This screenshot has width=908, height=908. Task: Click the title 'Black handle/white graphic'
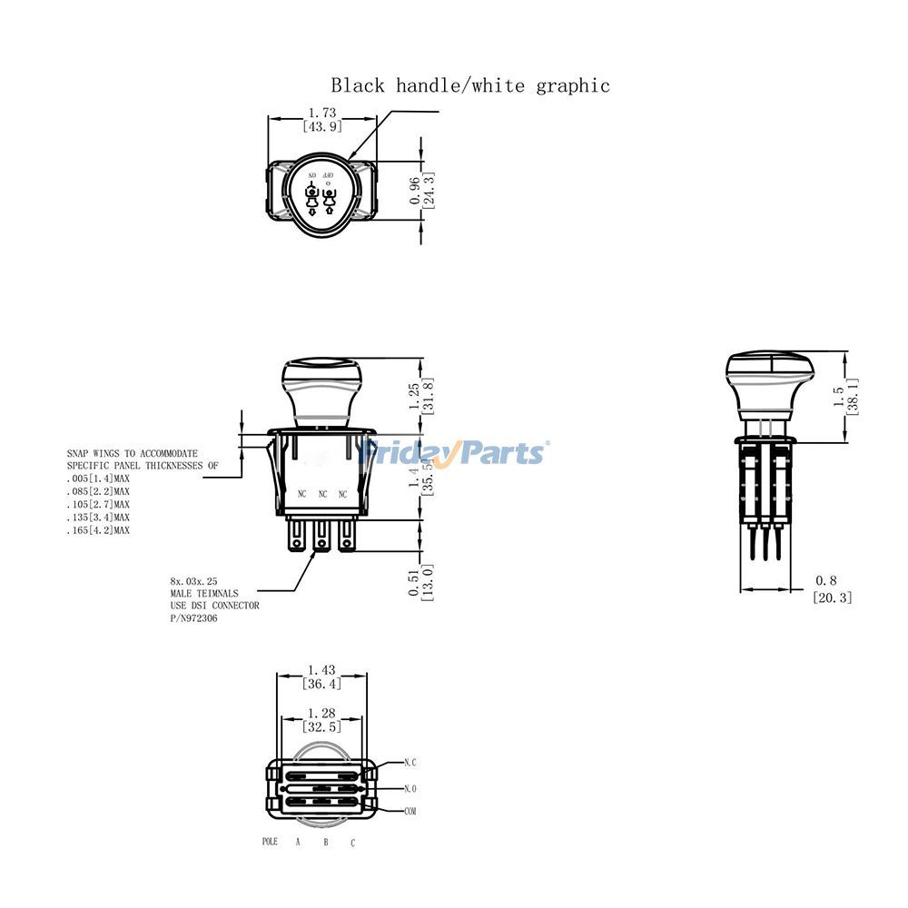click(x=469, y=85)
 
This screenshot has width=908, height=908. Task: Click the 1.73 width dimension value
click(x=322, y=113)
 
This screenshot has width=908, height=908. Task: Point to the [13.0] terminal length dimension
click(x=429, y=582)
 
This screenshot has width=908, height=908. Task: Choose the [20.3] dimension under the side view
click(x=832, y=597)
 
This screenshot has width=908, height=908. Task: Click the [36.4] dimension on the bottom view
click(x=322, y=684)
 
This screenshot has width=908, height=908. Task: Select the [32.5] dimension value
click(x=322, y=726)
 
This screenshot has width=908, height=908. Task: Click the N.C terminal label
click(x=410, y=763)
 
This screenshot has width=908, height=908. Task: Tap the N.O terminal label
click(x=410, y=788)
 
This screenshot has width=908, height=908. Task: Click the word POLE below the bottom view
click(x=270, y=842)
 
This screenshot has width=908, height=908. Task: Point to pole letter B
click(x=325, y=843)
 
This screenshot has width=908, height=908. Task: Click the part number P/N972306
click(x=193, y=617)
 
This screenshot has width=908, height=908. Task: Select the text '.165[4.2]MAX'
click(x=98, y=529)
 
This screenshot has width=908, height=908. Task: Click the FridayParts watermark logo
click(x=454, y=451)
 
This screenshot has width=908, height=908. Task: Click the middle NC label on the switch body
click(x=322, y=494)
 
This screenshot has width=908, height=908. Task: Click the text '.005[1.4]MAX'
click(x=98, y=478)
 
